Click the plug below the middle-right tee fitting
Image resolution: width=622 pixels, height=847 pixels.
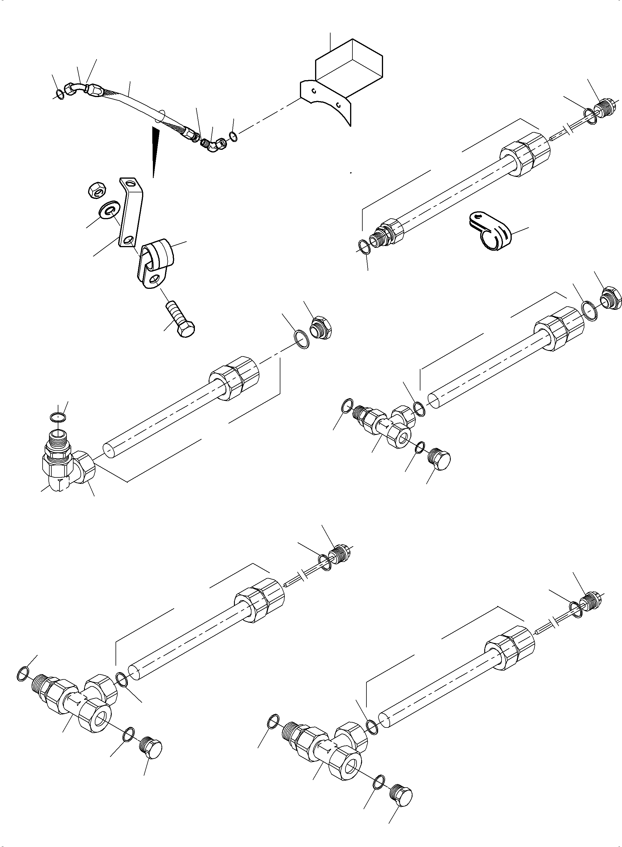click(x=439, y=459)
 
